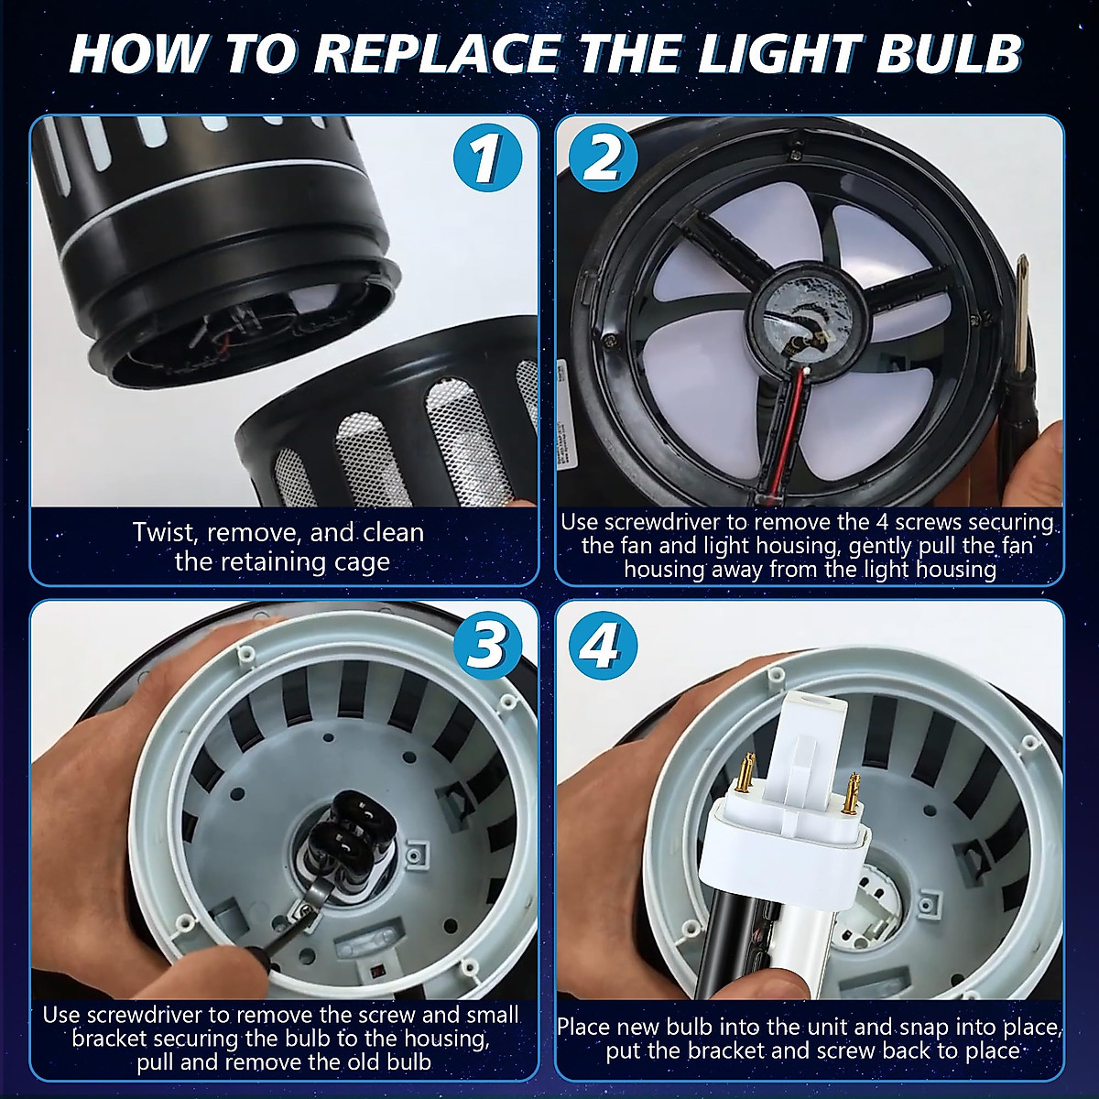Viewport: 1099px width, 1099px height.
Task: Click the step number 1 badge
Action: (484, 158)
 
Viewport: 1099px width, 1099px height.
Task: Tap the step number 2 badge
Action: (602, 158)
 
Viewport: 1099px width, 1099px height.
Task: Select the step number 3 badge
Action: (484, 644)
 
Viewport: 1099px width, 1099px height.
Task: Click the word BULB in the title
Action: (948, 53)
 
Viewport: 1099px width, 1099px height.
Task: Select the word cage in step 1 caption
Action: (359, 561)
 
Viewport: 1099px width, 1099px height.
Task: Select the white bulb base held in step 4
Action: (788, 824)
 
